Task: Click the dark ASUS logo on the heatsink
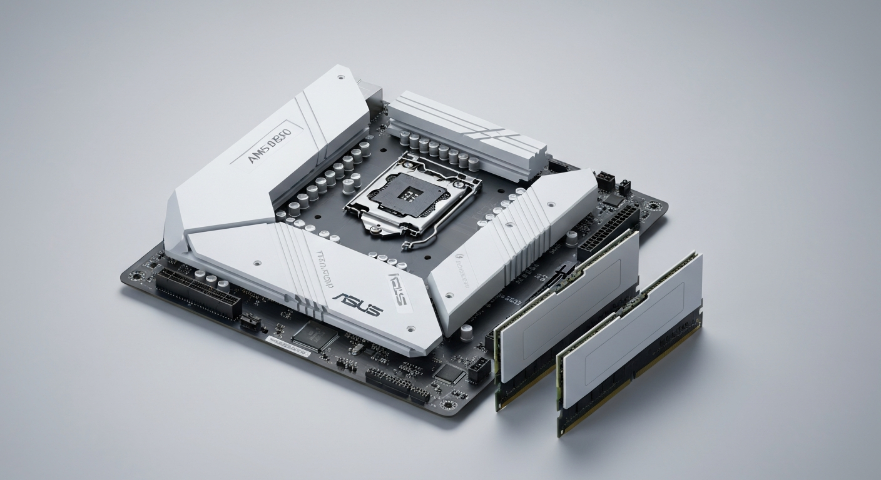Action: [357, 304]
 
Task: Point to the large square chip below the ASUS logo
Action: [313, 335]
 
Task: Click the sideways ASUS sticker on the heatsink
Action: [398, 288]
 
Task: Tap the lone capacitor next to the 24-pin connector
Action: [571, 237]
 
